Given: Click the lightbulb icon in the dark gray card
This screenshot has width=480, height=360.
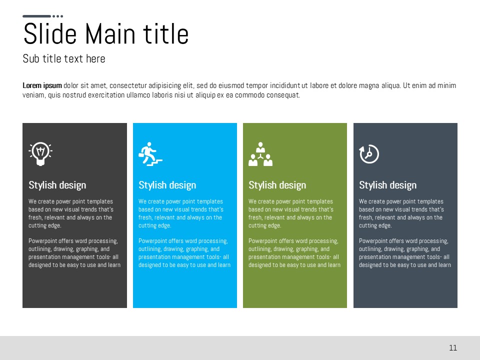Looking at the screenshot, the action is (x=40, y=153).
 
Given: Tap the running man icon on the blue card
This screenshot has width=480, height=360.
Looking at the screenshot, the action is (x=150, y=154).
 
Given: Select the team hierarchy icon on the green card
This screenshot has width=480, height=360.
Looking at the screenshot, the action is (x=260, y=154).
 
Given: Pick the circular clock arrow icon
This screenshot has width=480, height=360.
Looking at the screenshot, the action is (x=369, y=153).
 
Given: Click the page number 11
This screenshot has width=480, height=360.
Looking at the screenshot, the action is (x=453, y=348).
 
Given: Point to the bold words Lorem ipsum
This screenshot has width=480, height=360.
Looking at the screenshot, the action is (x=42, y=85).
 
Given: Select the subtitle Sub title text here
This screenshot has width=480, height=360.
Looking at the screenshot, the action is (x=64, y=58).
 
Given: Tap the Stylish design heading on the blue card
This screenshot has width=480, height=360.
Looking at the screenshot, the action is (x=167, y=185).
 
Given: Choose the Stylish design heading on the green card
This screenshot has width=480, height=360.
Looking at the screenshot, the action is (x=277, y=185).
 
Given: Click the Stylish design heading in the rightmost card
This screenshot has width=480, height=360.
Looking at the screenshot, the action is (x=387, y=185).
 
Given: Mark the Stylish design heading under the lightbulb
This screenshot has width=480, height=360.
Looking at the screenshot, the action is (x=57, y=185).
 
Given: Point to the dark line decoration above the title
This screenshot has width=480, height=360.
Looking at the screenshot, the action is (x=36, y=16).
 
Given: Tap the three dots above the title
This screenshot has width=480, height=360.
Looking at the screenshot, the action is (x=58, y=16).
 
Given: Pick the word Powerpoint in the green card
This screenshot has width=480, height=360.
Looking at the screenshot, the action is (x=262, y=241).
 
